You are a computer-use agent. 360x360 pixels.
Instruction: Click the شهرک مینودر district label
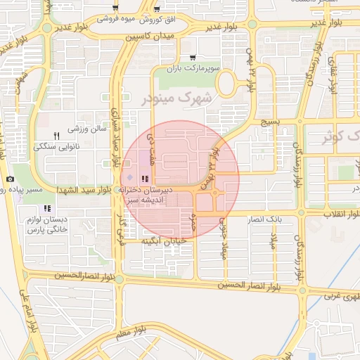click(176, 98)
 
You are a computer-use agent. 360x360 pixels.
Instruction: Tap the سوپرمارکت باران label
click(193, 70)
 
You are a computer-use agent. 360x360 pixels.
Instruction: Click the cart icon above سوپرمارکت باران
click(193, 58)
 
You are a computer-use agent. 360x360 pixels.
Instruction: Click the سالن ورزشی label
click(86, 129)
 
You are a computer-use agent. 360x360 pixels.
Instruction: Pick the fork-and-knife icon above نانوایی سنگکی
click(57, 135)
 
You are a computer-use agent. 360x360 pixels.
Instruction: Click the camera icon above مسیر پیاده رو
click(10, 179)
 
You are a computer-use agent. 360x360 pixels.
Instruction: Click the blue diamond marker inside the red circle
click(129, 178)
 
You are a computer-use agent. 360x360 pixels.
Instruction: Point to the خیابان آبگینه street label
click(163, 241)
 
